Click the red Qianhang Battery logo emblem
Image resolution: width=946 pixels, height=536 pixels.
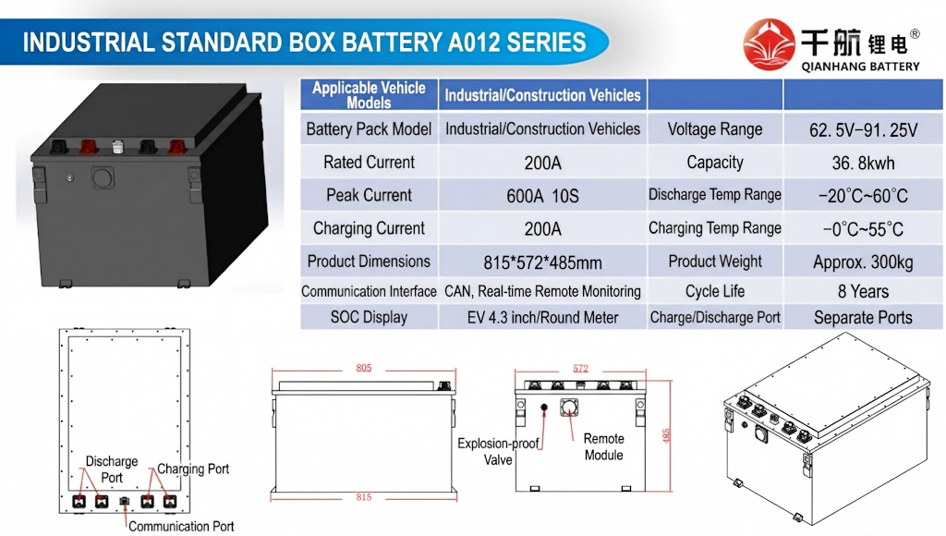point(769,44)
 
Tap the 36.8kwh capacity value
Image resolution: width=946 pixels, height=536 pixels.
point(863,163)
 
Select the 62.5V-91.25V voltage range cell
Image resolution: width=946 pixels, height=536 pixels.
point(863,129)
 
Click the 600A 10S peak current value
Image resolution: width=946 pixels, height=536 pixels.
point(542,196)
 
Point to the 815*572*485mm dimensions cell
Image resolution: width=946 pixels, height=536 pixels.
point(542,262)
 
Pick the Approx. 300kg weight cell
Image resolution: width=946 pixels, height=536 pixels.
point(863,262)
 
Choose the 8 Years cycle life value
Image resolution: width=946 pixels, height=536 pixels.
point(863,291)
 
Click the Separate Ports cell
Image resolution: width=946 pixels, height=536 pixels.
point(863,318)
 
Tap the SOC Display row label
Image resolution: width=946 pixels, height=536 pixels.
point(369,318)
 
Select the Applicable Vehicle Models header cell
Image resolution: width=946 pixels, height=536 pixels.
point(369,95)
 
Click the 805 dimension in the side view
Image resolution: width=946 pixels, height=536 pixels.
point(364,368)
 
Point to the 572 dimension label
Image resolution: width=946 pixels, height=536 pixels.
point(580,368)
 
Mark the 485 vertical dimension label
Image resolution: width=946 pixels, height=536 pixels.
point(666,436)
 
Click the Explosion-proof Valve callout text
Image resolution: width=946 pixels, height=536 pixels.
point(498,452)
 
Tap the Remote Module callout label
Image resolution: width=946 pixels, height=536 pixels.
point(604,446)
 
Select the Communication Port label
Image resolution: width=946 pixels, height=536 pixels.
point(181,527)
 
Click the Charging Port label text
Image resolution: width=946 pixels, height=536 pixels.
point(193,469)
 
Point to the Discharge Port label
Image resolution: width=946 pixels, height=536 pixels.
point(112,469)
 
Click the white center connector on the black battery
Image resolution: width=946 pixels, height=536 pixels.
point(117,146)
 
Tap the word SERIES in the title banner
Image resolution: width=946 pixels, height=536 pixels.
point(546,43)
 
